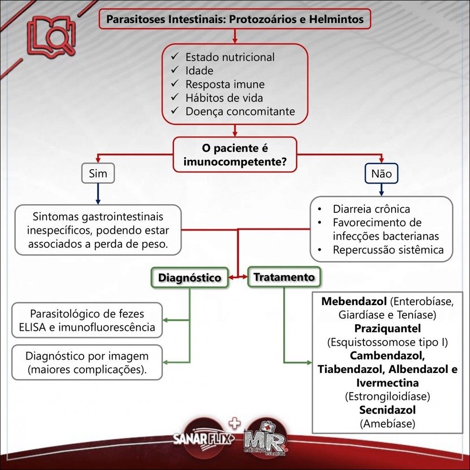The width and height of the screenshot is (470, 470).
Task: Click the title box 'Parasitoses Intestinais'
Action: [234, 20]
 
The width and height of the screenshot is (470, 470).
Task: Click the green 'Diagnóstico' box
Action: [190, 278]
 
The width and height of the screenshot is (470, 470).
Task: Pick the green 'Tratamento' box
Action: [284, 277]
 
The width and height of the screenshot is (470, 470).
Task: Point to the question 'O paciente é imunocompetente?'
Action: [234, 154]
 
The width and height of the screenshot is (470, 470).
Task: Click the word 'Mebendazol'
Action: [354, 302]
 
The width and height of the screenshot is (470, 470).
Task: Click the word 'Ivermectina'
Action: [387, 383]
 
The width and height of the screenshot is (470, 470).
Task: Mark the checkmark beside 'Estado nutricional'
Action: [175, 57]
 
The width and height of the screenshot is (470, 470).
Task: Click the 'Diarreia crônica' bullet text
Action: [371, 209]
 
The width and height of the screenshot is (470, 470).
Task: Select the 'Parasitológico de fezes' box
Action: [86, 320]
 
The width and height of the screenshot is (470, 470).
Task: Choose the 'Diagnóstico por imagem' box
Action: [86, 362]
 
